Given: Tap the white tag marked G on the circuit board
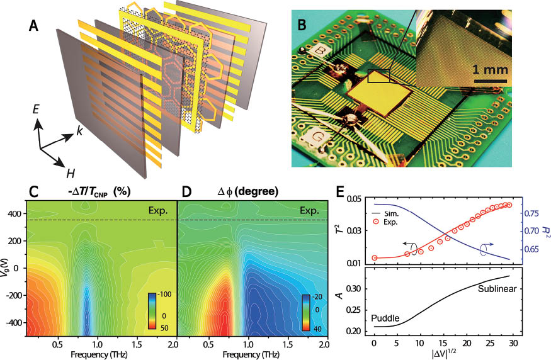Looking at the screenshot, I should tap(312, 135).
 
